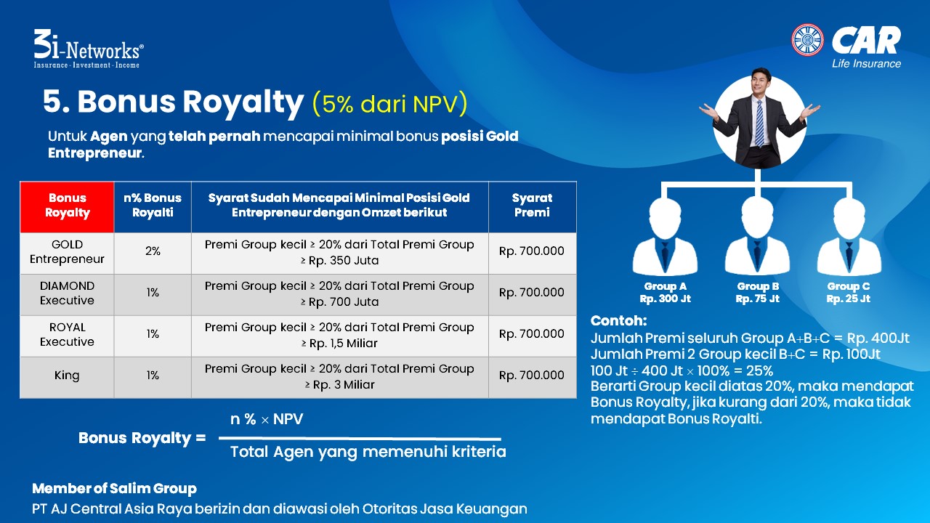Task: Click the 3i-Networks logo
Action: coord(89,49)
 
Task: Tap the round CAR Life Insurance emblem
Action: coord(807,40)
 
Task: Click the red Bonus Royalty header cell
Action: coord(68,207)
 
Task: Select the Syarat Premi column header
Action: coord(533,207)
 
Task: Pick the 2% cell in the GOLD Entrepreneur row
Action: coord(153,251)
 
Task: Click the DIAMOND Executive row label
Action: coord(67,293)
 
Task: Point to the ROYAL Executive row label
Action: coord(67,335)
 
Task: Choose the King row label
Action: coord(66,376)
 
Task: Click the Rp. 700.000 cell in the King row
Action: coord(531,376)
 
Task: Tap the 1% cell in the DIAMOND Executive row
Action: coord(153,293)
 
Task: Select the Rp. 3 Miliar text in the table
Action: coord(339,385)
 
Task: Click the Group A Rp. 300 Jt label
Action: coord(665,293)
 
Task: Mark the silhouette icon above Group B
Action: coord(757,237)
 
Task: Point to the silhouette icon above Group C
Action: coord(849,237)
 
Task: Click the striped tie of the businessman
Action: coord(759,123)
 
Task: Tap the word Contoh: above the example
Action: coord(618,321)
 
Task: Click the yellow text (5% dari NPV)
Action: coord(390,104)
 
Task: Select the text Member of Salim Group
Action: coord(114,489)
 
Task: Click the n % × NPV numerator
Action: coord(267,419)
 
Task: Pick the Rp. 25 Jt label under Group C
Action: coord(848,299)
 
